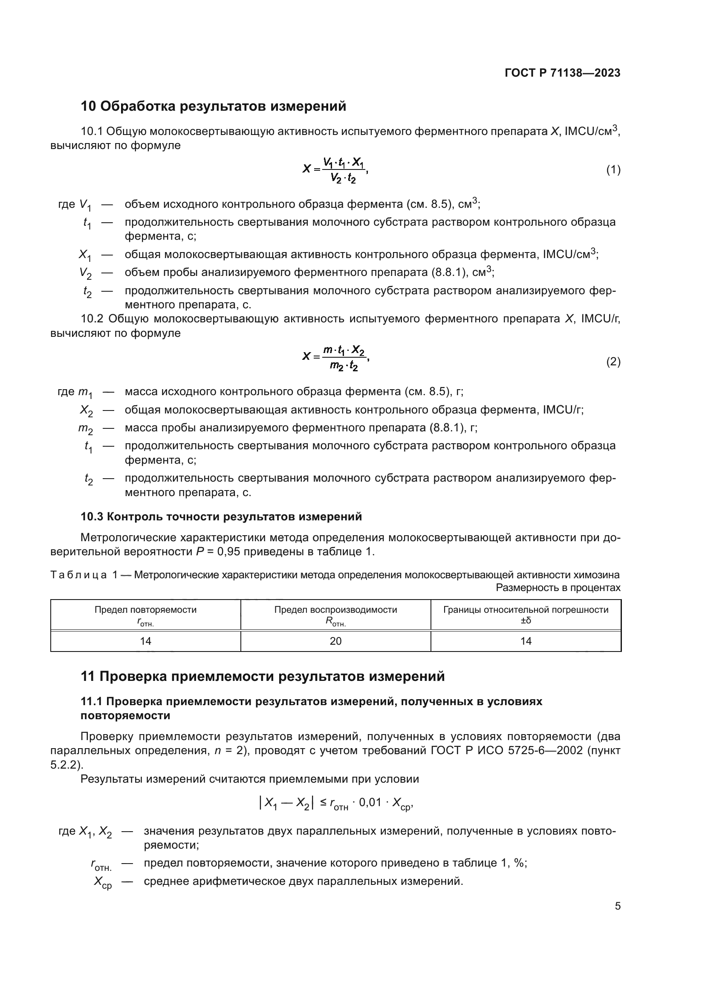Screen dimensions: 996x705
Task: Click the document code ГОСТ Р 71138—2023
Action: point(563,73)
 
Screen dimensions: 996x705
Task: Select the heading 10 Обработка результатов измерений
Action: point(214,106)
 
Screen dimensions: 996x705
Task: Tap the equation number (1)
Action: point(613,169)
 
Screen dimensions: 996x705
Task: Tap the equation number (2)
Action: point(613,362)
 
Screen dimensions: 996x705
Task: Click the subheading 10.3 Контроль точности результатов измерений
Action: point(221,517)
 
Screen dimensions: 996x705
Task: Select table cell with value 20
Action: point(335,641)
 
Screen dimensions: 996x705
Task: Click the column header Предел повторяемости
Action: point(145,609)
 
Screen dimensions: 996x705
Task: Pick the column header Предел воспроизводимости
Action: point(335,609)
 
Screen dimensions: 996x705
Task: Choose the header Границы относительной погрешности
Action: point(526,609)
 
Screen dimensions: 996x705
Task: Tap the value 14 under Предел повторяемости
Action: point(145,641)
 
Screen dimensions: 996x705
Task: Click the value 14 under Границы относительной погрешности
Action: point(526,641)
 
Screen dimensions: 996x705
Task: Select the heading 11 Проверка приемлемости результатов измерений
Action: point(263,676)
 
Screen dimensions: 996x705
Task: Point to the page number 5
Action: point(617,906)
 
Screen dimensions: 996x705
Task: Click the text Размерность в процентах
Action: point(558,588)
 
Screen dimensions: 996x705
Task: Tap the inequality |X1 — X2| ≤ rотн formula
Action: point(335,804)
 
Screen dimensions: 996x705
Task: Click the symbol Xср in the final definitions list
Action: point(103,882)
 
